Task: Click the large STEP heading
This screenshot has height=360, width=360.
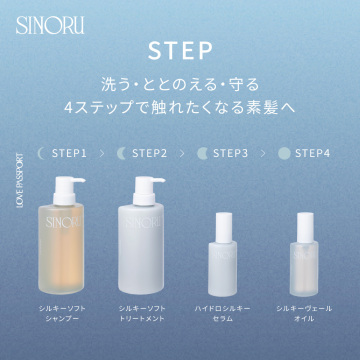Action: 179,50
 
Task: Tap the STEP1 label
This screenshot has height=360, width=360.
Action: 69,154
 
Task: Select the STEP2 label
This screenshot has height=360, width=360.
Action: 149,154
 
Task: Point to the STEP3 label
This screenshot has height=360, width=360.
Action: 230,154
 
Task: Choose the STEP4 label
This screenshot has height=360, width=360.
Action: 311,154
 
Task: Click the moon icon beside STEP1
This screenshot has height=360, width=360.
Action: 41,154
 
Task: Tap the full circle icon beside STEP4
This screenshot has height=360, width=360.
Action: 284,154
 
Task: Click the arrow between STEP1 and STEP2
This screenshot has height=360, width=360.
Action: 101,154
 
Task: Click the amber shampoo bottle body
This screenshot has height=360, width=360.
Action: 65,250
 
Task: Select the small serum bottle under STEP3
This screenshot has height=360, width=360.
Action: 222,260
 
